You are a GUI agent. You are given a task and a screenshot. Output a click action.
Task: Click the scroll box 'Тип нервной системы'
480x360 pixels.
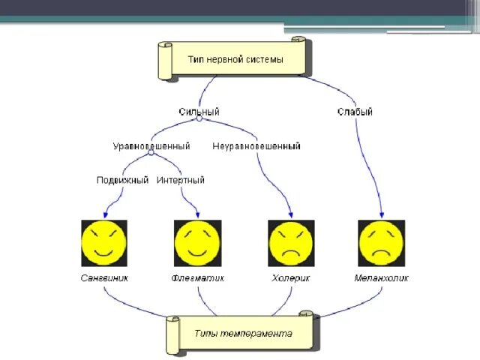(233, 59)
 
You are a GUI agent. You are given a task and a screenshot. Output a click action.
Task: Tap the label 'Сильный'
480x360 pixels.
(198, 112)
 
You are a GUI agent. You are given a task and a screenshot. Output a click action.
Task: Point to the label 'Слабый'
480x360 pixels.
(355, 112)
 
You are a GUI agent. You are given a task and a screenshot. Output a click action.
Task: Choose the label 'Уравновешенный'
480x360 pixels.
(151, 145)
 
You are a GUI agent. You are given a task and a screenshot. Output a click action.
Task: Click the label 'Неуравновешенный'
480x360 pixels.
(256, 145)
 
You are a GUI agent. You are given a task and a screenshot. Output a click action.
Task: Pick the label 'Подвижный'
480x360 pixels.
(123, 180)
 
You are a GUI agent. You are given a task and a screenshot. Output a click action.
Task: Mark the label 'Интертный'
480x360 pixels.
(181, 180)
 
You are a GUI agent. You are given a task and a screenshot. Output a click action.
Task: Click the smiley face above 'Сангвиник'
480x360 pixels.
(104, 243)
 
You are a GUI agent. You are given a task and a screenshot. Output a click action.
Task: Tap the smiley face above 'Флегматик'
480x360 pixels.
(197, 243)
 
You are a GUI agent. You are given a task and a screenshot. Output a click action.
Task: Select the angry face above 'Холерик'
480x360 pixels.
(291, 243)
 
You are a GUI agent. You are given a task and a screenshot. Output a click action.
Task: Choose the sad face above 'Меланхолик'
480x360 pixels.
(381, 243)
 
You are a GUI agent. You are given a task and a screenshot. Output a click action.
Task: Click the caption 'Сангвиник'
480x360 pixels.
(104, 278)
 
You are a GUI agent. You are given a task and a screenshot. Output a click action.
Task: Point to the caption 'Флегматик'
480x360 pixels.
(197, 278)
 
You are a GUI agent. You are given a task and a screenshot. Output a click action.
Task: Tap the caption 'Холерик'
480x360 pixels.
(291, 278)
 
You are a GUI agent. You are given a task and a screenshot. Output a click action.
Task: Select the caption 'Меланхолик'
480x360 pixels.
(381, 278)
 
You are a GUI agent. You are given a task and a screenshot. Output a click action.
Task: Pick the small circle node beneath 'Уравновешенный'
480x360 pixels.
(151, 153)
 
